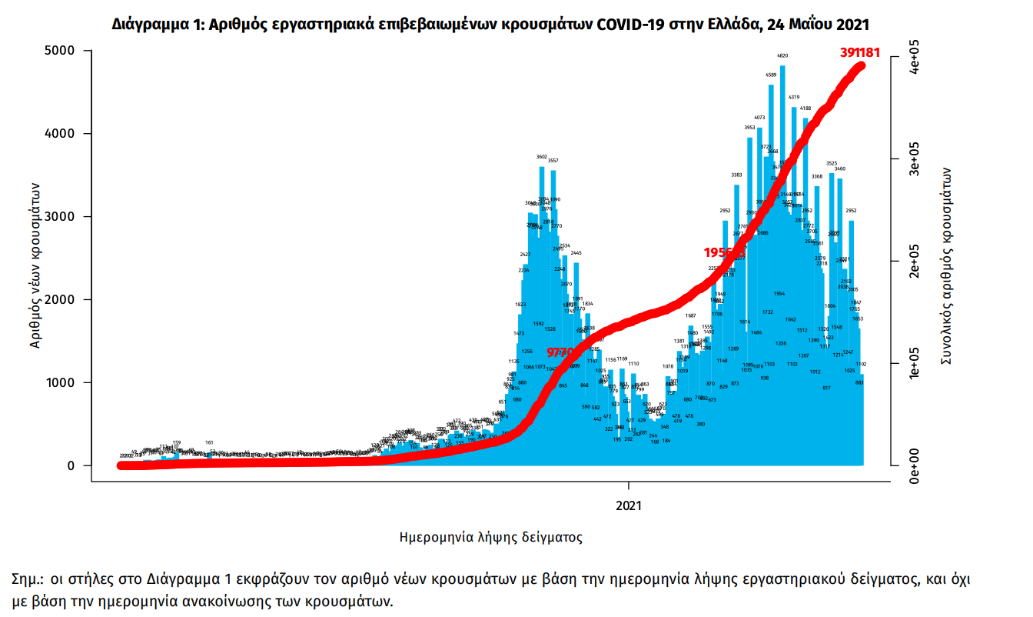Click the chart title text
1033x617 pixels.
pyautogui.click(x=491, y=24)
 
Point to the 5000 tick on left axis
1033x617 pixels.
pyautogui.click(x=58, y=51)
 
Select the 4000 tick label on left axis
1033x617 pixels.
pyautogui.click(x=58, y=134)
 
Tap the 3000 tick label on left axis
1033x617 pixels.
pyautogui.click(x=58, y=217)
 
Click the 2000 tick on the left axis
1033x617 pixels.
pyautogui.click(x=58, y=300)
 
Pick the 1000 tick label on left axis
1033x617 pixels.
pyautogui.click(x=58, y=383)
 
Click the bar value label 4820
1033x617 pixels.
pyautogui.click(x=782, y=56)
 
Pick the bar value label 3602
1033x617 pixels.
pyautogui.click(x=541, y=157)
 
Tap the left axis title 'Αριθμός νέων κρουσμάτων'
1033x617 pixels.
pyautogui.click(x=35, y=265)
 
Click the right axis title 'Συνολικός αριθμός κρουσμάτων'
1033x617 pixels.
pyautogui.click(x=947, y=265)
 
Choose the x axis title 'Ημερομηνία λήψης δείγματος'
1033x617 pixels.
pyautogui.click(x=491, y=537)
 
